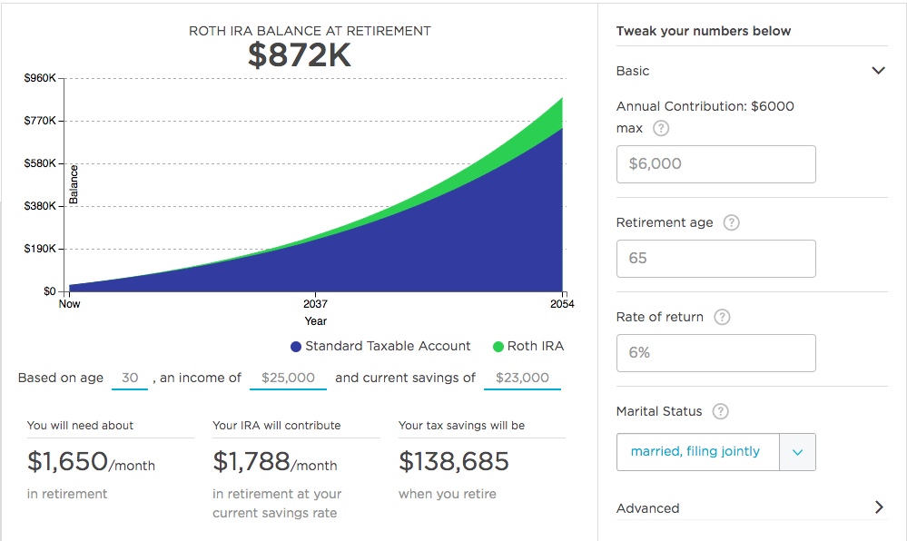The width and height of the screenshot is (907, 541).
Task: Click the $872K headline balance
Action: point(299,55)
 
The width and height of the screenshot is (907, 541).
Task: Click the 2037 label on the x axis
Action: point(315,304)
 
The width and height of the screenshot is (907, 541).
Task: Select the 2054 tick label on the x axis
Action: point(562,304)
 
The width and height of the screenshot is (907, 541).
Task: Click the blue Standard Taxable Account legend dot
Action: point(296,347)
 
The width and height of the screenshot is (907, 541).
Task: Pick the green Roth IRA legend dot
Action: point(498,347)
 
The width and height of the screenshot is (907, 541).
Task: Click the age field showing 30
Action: point(130,378)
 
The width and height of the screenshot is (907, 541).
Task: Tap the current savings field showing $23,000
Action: point(522,378)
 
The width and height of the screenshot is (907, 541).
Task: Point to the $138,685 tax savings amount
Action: point(454,462)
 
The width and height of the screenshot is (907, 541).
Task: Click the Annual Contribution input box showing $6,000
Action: point(715,164)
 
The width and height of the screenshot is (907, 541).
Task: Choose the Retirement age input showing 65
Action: point(715,259)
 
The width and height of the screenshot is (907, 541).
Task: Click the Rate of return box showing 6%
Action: point(715,353)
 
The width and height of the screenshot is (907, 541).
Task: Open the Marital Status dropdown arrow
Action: point(797,452)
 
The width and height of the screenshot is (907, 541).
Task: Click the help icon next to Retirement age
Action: point(732,222)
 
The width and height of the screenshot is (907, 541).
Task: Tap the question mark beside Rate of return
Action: point(722,317)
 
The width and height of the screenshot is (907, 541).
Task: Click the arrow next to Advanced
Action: point(878,507)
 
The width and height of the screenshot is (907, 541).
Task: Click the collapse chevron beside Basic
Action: point(878,71)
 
